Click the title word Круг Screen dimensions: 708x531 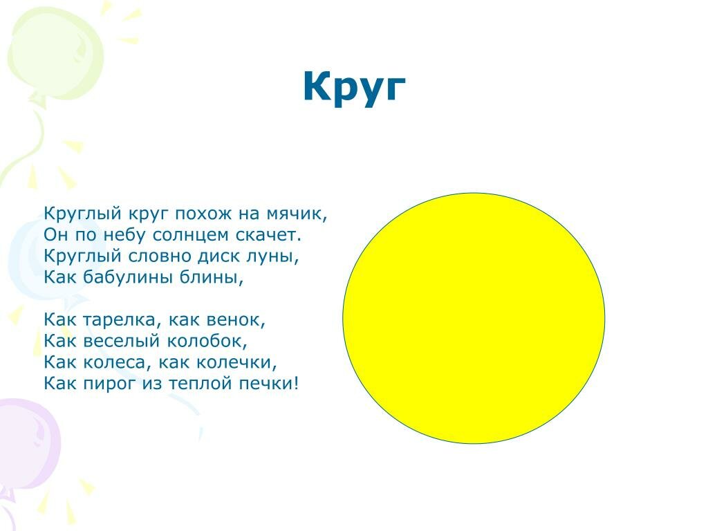pos(354,88)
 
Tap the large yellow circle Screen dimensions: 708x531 pos(474,318)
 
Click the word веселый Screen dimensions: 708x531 pos(122,341)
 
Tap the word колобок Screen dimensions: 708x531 pos(207,341)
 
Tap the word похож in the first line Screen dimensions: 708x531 pos(204,214)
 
